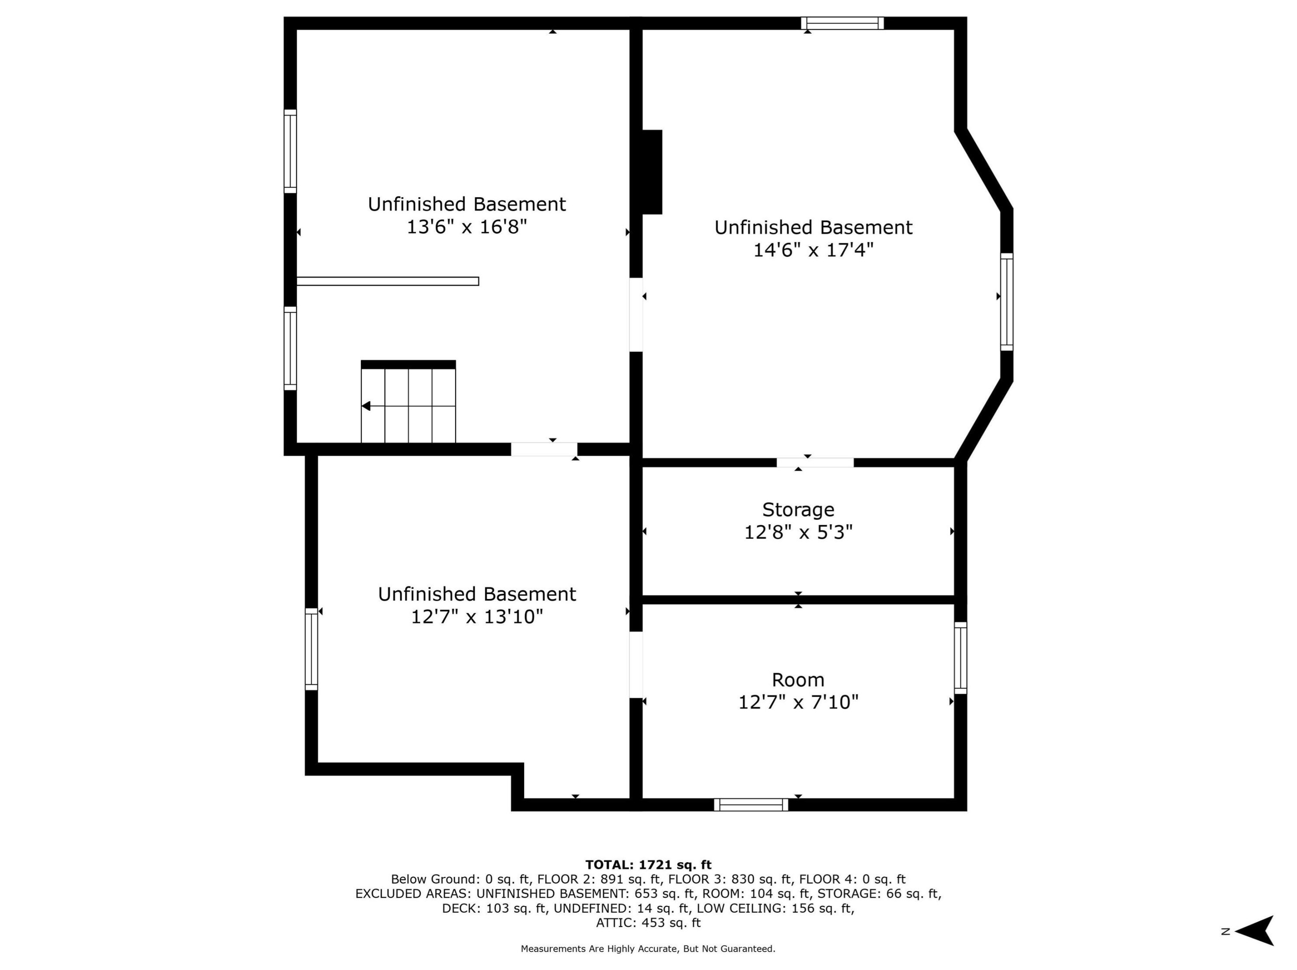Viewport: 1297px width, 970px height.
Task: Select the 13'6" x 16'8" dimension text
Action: click(467, 227)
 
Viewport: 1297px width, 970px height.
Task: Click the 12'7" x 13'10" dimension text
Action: click(477, 616)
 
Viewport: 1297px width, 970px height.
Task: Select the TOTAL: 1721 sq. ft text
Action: click(648, 864)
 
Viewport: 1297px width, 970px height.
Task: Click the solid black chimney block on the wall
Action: click(652, 172)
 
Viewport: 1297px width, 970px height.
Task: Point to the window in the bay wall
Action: click(1006, 302)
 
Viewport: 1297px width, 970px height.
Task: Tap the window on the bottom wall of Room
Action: click(751, 805)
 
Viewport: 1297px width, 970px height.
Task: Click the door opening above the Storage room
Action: click(815, 462)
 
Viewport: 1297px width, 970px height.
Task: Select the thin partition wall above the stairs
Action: click(388, 281)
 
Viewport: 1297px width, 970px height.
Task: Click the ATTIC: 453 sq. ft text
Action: click(648, 922)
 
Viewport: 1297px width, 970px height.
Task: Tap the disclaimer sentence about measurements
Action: click(648, 948)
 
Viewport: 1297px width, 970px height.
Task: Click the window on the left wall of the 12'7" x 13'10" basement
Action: click(311, 649)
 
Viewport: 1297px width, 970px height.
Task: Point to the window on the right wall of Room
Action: click(960, 657)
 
